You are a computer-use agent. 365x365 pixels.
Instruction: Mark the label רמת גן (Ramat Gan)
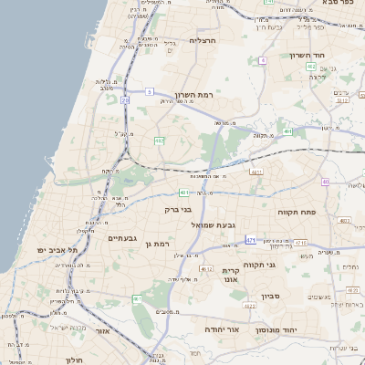(x=159, y=242)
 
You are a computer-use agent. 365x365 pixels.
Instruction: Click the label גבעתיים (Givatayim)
(x=121, y=239)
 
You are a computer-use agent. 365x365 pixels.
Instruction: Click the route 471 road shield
(x=250, y=240)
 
